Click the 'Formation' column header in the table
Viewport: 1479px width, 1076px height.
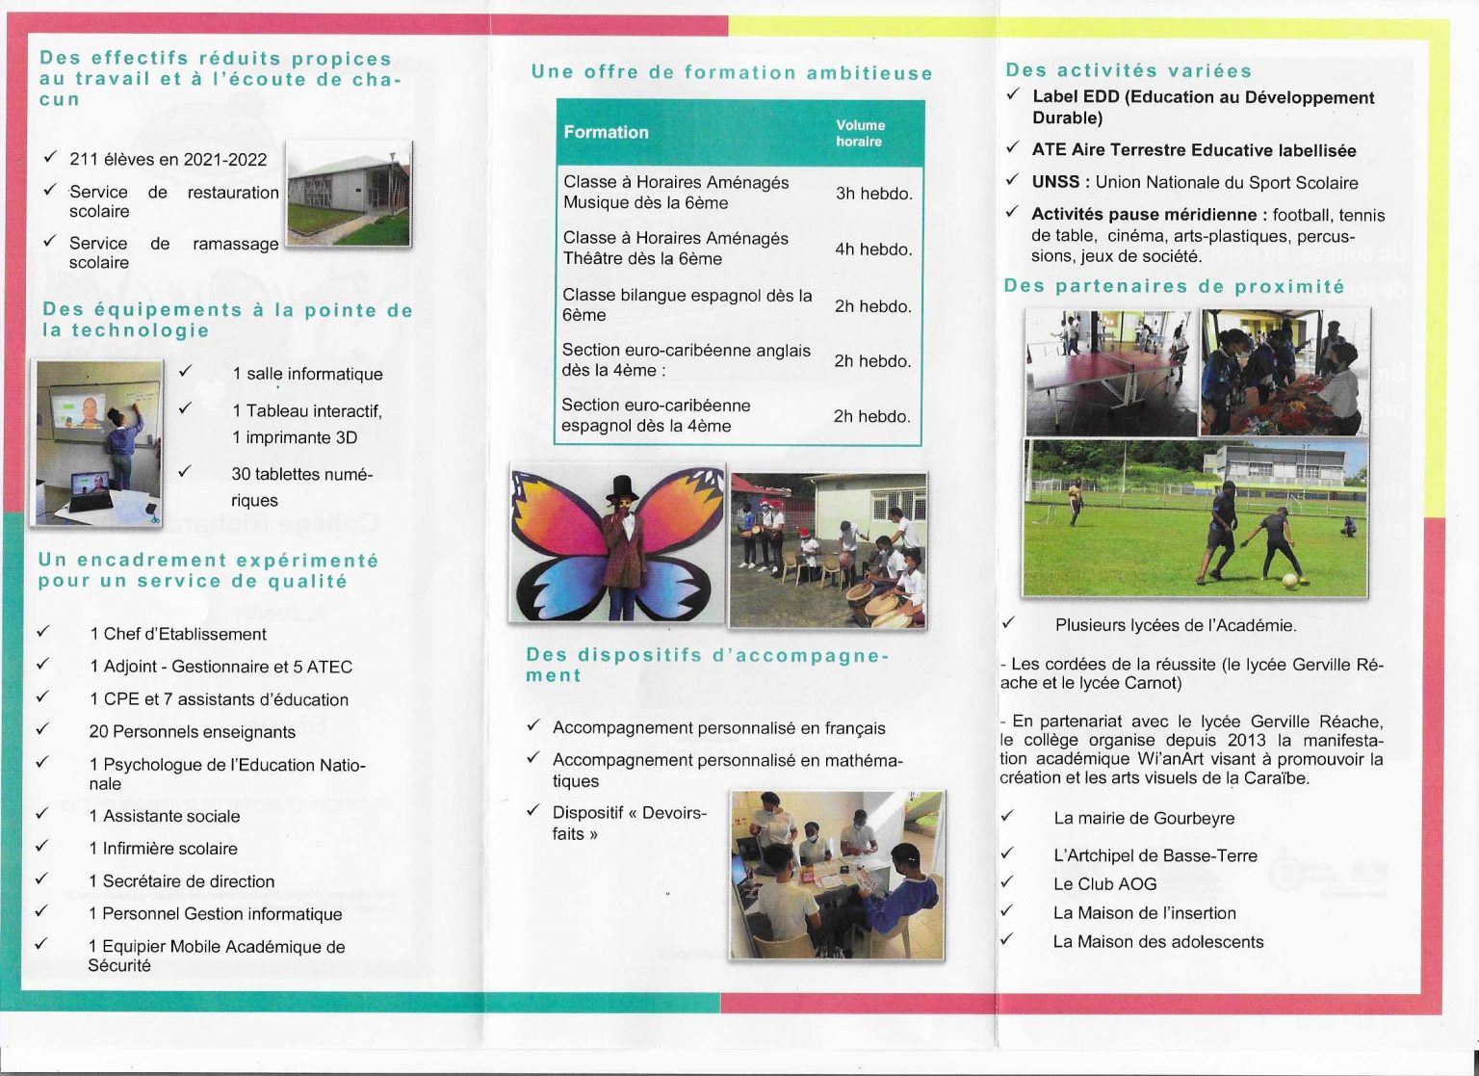606,132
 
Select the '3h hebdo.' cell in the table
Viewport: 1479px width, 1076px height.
873,194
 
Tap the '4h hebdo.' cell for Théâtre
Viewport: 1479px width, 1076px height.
873,249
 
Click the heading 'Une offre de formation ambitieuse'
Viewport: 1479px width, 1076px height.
732,73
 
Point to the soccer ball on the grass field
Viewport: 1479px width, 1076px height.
1288,580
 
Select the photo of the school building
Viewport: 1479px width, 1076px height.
350,195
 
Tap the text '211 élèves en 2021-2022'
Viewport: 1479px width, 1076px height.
168,160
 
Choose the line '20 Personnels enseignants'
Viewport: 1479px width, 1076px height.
192,732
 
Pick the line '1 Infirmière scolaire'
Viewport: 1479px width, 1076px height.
163,849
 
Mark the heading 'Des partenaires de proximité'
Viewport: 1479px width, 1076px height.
1174,286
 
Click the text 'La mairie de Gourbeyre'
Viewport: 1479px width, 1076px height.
1144,819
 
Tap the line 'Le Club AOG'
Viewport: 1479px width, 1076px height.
1104,884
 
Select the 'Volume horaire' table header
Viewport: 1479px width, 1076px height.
860,133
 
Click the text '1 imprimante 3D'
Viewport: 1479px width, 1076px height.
294,438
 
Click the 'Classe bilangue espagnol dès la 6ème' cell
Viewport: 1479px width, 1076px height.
687,305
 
